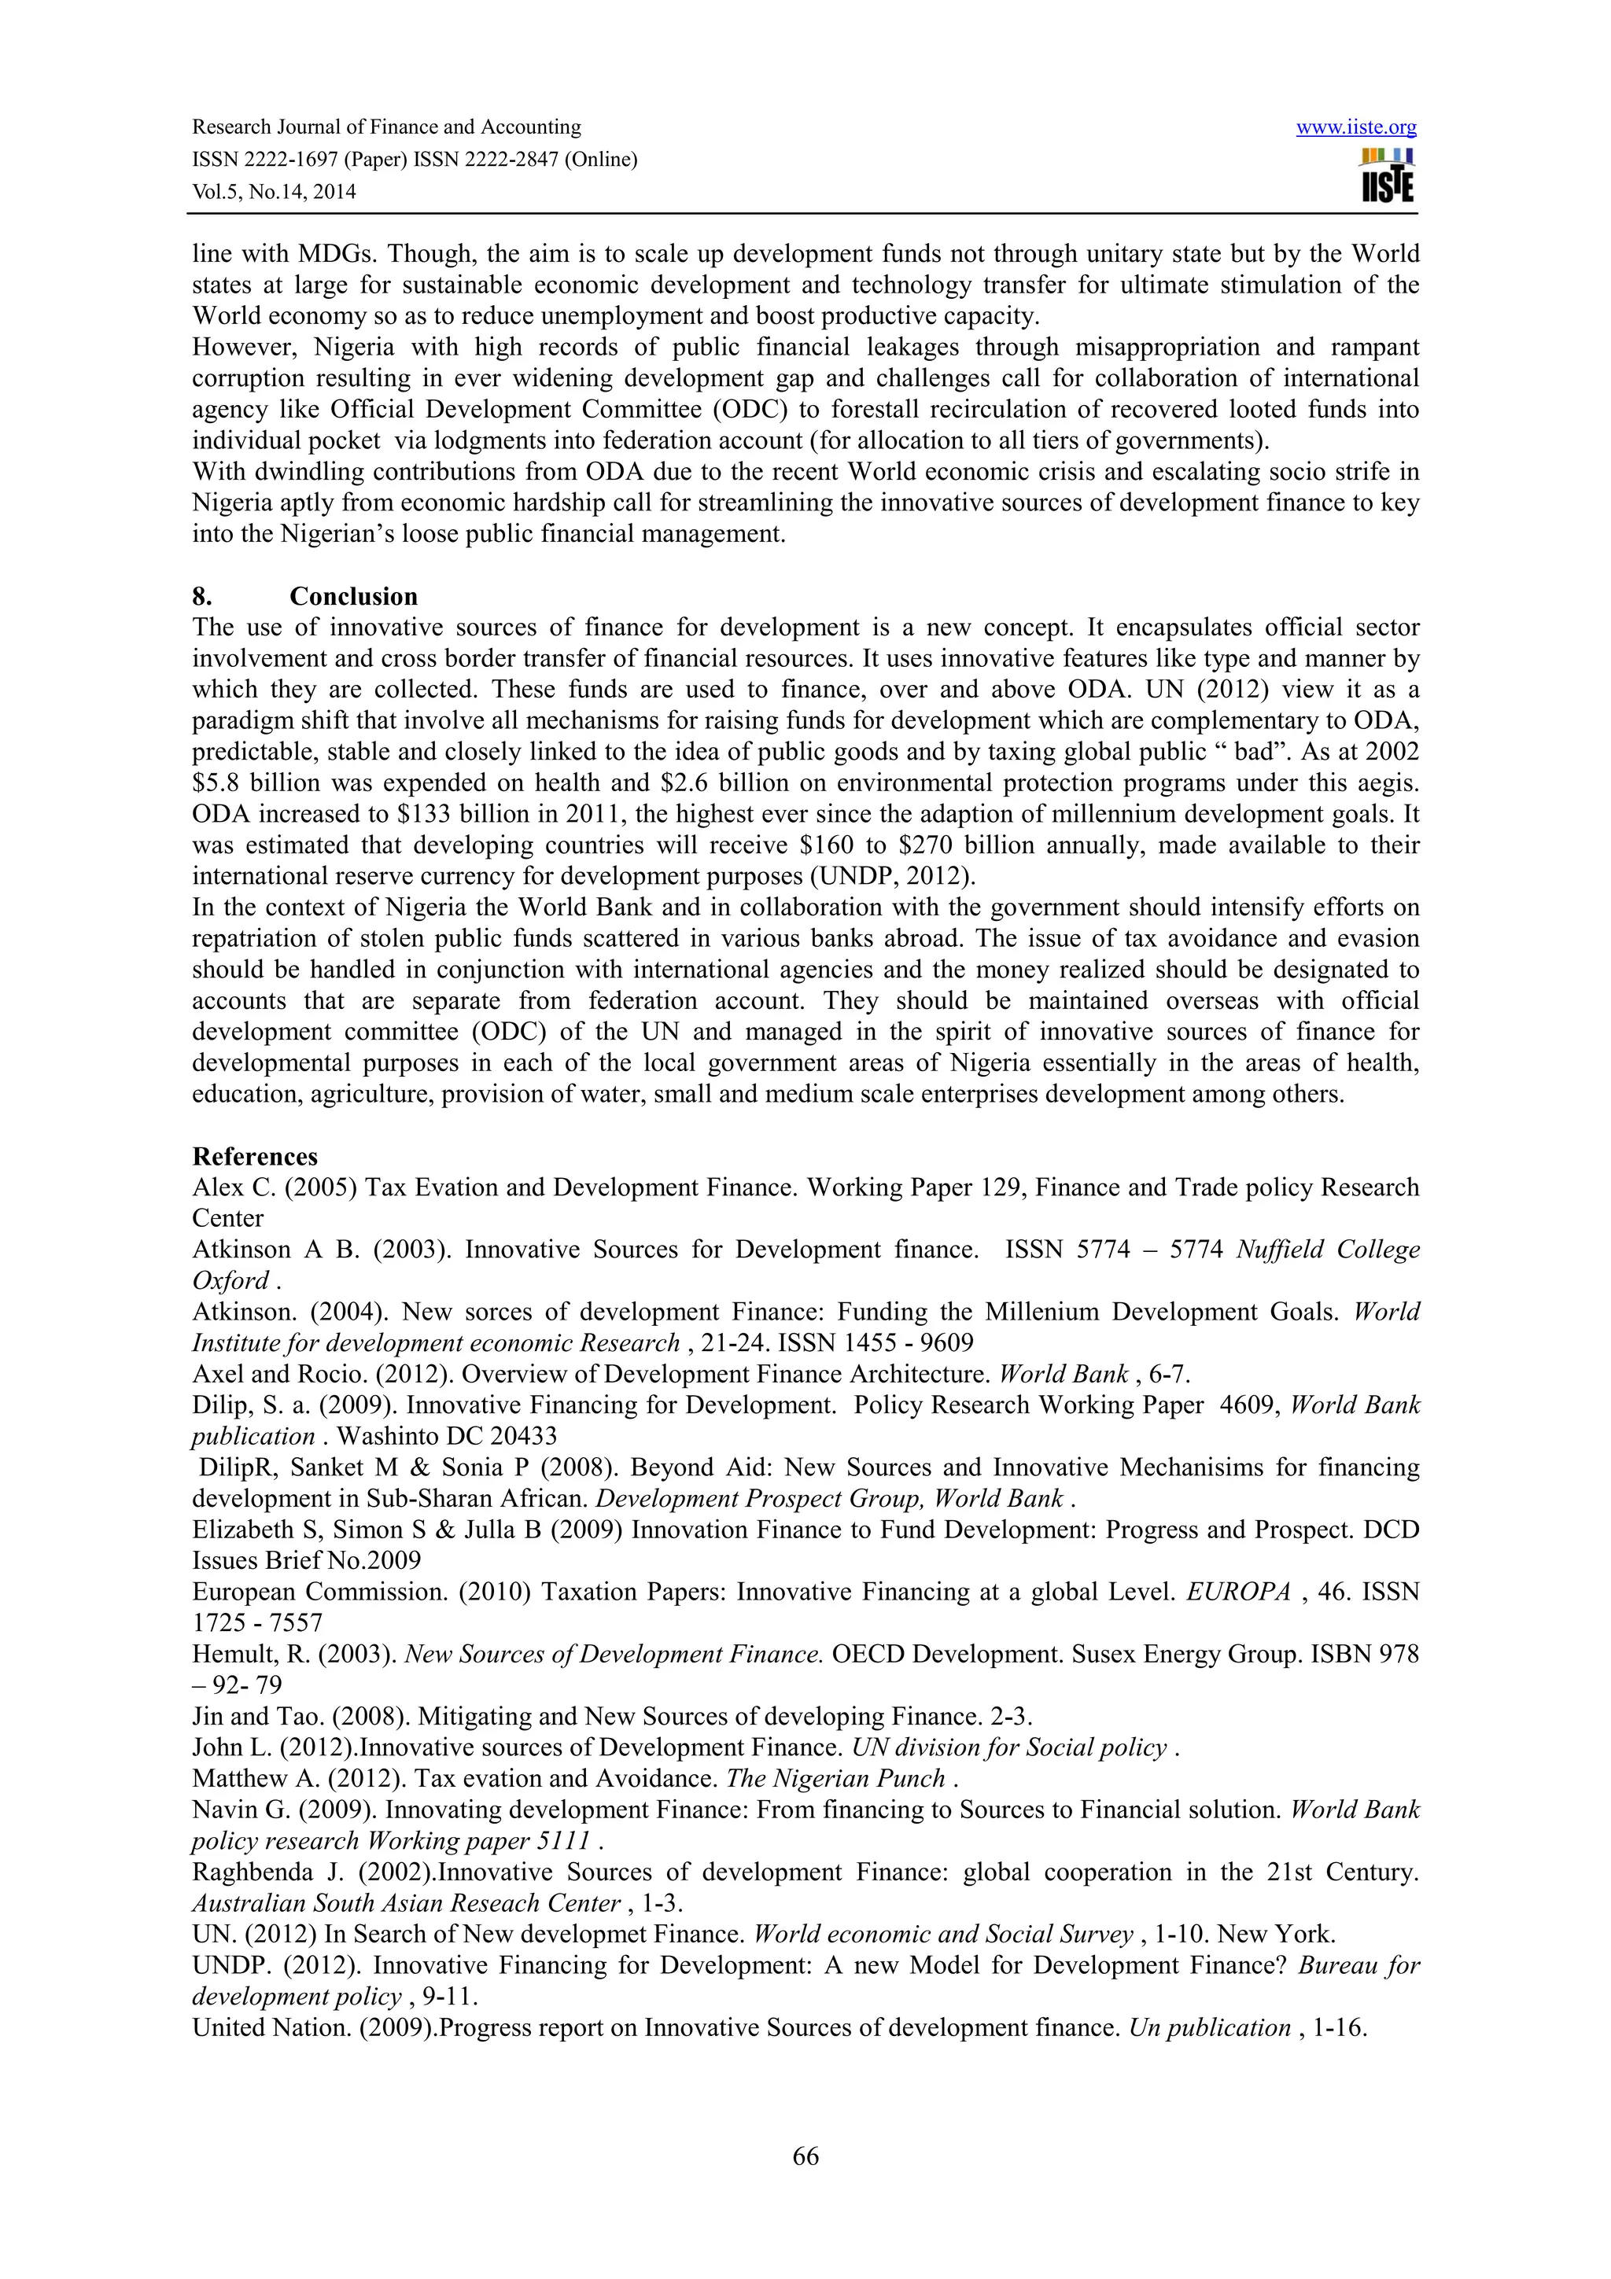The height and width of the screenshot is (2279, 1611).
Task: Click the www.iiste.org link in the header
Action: pos(1356,127)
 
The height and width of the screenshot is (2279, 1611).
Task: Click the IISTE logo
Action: pos(1388,175)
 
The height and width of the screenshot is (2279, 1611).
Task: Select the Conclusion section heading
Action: pos(353,597)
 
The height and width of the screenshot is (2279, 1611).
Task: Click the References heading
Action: pos(255,1156)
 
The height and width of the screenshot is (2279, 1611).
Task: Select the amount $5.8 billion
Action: pos(253,783)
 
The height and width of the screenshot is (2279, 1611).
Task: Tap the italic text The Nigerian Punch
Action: pos(835,1779)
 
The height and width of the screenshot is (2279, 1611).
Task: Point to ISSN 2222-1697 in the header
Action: pos(258,160)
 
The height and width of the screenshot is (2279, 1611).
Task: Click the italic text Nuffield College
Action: pos(1327,1250)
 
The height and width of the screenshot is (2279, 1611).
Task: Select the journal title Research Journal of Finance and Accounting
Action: pos(386,127)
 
